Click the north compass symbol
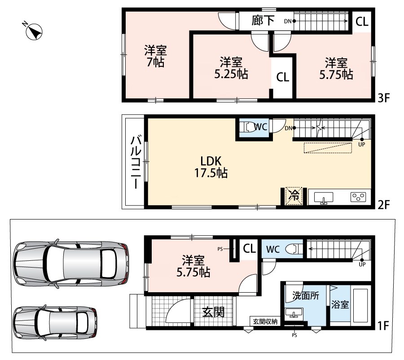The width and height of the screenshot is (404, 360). point(34,31)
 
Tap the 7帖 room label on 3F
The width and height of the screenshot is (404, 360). point(156,57)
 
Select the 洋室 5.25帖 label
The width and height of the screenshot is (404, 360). point(231,68)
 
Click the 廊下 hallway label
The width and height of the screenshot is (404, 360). point(263,21)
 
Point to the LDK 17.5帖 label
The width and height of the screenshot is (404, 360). point(211,167)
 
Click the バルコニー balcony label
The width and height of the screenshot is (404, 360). point(136,162)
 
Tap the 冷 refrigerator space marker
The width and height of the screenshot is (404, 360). point(294,196)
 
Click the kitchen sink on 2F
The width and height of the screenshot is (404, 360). point(323,198)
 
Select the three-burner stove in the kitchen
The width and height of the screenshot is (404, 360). point(358,197)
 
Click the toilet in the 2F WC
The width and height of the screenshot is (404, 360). point(248,127)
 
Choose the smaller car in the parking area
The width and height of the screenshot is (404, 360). point(55,323)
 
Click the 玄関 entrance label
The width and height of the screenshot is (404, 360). point(213,312)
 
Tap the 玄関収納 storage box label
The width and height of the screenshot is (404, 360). point(265,321)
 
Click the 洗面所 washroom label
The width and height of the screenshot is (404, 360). point(306,295)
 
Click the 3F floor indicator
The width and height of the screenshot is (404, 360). point(384,98)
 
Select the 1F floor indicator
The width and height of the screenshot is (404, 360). point(383,326)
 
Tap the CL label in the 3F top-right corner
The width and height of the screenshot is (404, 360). point(362,22)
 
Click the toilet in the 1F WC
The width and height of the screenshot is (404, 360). point(294,249)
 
